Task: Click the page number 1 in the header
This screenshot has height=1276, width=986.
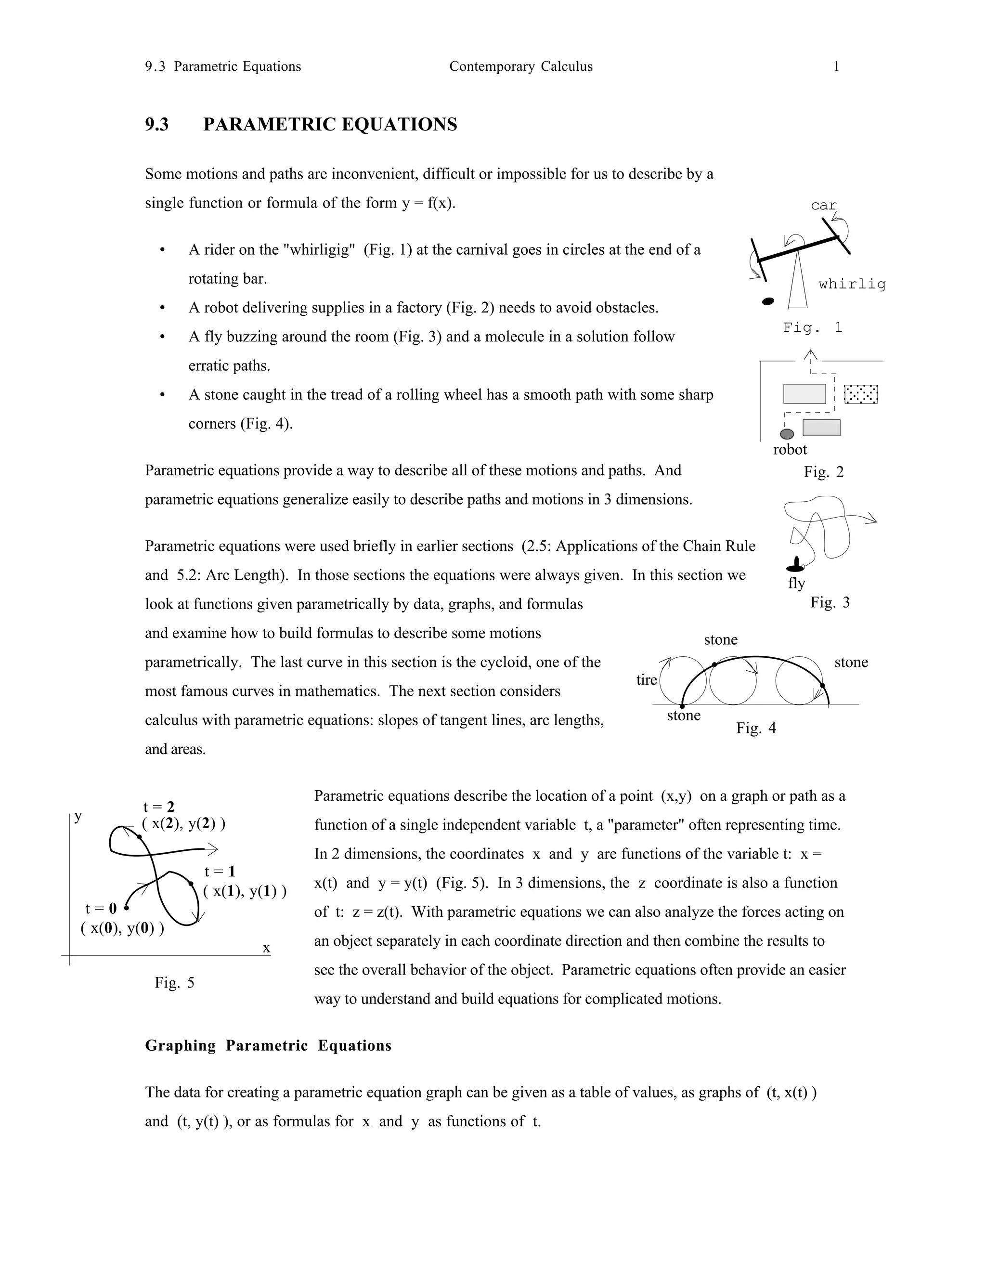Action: tap(836, 66)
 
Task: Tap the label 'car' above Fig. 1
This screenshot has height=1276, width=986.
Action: tap(824, 205)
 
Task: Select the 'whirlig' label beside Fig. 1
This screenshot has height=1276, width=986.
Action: tap(852, 284)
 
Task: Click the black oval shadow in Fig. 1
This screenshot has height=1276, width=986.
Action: tap(769, 301)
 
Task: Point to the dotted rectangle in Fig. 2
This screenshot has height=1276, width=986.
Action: tap(861, 394)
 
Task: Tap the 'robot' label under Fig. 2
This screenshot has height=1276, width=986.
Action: tap(790, 449)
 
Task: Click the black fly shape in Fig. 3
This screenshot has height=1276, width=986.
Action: tap(795, 565)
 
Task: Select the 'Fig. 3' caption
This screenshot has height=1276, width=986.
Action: tap(830, 602)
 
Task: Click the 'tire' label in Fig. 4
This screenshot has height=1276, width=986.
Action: tap(647, 679)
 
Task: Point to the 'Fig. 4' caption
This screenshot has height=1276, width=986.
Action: tap(756, 728)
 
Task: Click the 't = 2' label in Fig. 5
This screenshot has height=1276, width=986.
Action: tap(159, 807)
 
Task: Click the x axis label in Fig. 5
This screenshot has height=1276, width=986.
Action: tap(266, 948)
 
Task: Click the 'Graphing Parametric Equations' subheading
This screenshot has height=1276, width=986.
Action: tap(268, 1045)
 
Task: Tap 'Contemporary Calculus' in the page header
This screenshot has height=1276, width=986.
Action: tap(520, 66)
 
